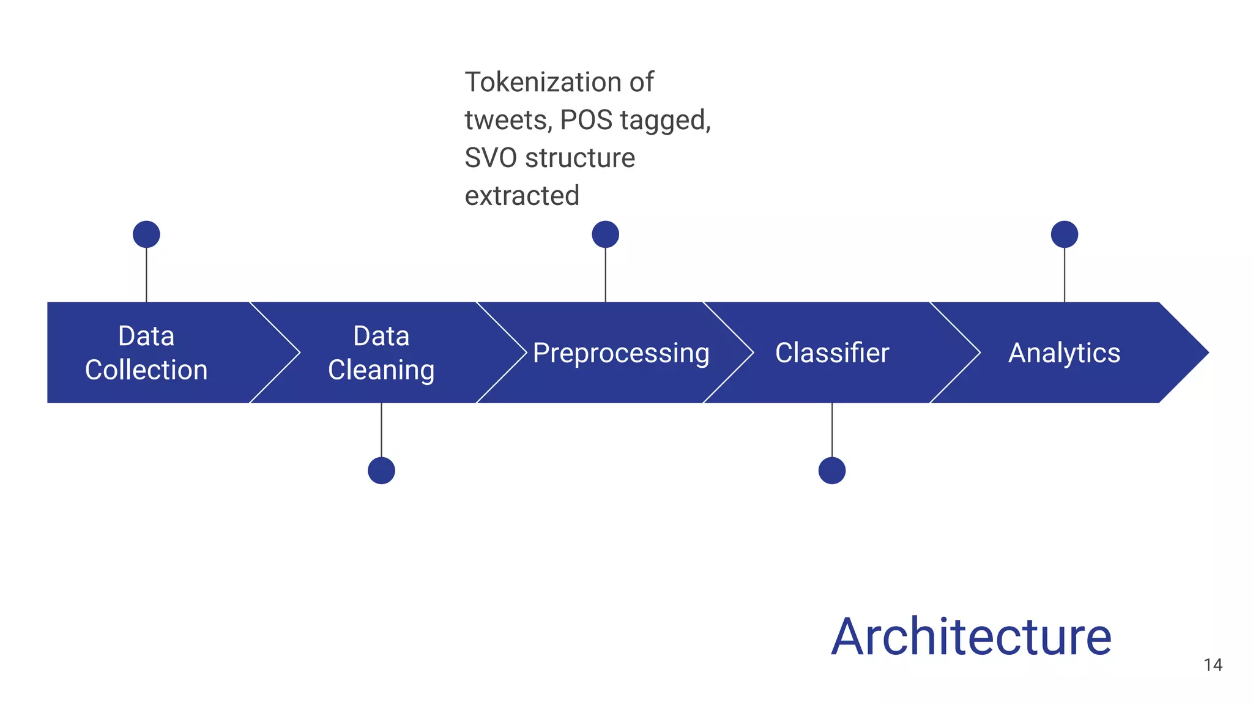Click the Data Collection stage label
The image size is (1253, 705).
tap(146, 353)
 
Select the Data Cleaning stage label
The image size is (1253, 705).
tap(381, 353)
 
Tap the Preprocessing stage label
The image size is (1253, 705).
tap(620, 353)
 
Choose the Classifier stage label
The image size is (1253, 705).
tap(831, 353)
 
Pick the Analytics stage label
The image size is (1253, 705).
tap(1064, 353)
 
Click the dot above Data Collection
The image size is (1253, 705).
tap(146, 234)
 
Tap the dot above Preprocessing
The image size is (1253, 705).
tap(605, 234)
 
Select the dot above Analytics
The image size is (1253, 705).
tap(1064, 234)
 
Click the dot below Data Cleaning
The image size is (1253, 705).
tap(381, 471)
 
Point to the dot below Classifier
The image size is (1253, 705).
tap(831, 471)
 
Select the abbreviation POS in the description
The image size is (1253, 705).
tap(586, 120)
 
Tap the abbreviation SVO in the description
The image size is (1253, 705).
tap(491, 158)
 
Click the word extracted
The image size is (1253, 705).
tap(522, 196)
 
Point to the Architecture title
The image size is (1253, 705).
tap(971, 637)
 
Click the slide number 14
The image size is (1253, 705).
tap(1213, 665)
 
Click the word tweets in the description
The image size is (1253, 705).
tap(507, 121)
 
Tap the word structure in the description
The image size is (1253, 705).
tap(580, 158)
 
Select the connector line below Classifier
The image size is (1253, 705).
tap(831, 430)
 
